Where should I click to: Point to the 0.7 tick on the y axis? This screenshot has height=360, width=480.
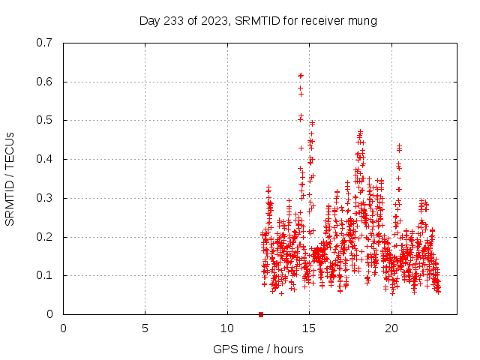[x=45, y=43]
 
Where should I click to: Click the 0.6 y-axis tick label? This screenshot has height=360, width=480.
[x=45, y=82]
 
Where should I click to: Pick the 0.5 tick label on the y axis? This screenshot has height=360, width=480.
[x=45, y=120]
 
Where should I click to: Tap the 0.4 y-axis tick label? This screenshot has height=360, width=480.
[x=45, y=159]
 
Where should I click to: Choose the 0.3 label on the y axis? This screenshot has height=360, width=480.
[x=45, y=198]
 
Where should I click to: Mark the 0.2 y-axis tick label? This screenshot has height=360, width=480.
[x=45, y=237]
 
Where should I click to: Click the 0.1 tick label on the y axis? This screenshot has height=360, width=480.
[x=45, y=275]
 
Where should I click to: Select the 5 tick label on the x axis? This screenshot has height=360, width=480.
[x=145, y=328]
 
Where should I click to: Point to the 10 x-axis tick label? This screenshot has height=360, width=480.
[x=227, y=328]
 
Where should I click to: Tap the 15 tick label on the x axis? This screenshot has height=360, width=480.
[x=309, y=328]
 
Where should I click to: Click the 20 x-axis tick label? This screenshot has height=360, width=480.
[x=391, y=328]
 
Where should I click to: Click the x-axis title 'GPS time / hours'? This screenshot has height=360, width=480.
[x=258, y=349]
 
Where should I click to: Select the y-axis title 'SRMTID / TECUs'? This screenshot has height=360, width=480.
[x=10, y=178]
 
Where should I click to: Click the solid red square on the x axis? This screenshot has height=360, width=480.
[x=261, y=314]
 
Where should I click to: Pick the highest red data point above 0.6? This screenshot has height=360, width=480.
[x=301, y=76]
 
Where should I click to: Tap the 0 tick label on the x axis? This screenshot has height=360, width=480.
[x=63, y=328]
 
